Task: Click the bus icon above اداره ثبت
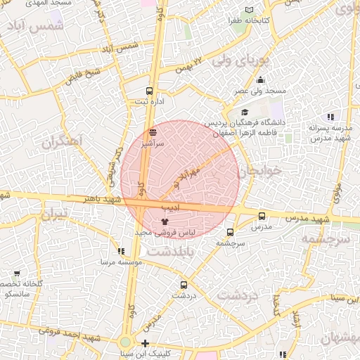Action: pyautogui.click(x=148, y=91)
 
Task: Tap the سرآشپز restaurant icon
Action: pyautogui.click(x=153, y=131)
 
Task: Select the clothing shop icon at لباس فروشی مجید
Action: pyautogui.click(x=165, y=222)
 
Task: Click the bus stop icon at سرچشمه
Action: pyautogui.click(x=230, y=232)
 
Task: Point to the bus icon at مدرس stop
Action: pyautogui.click(x=262, y=217)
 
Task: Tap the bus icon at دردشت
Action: pyautogui.click(x=184, y=285)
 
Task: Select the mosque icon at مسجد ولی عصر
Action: pyautogui.click(x=260, y=80)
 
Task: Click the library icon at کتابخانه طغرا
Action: pyautogui.click(x=248, y=10)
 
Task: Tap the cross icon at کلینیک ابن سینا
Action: pyautogui.click(x=145, y=343)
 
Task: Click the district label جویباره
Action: pyautogui.click(x=258, y=171)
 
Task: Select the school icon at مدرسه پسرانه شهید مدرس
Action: pyautogui.click(x=330, y=117)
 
